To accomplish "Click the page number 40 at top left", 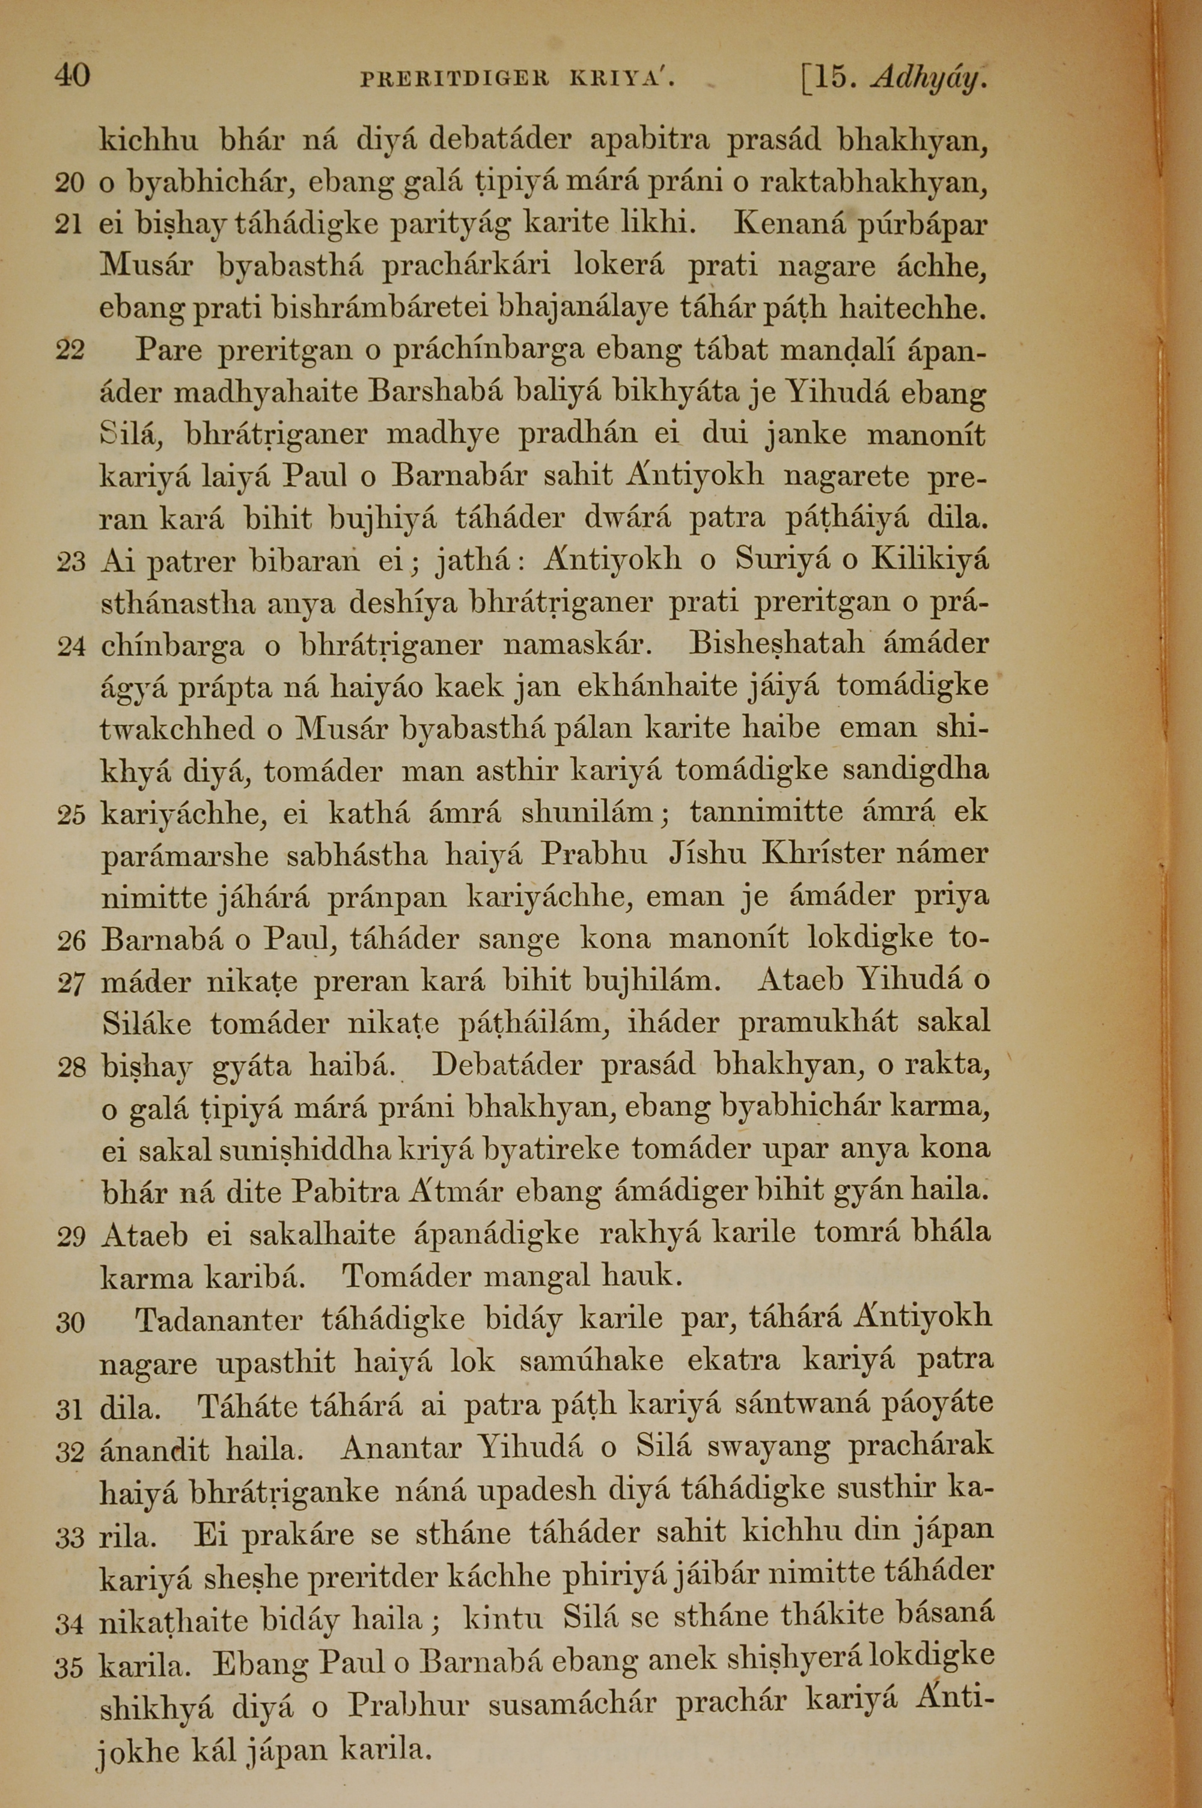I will pyautogui.click(x=72, y=76).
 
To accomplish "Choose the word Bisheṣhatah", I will pyautogui.click(x=776, y=643).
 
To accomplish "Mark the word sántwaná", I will pyautogui.click(x=801, y=1402).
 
